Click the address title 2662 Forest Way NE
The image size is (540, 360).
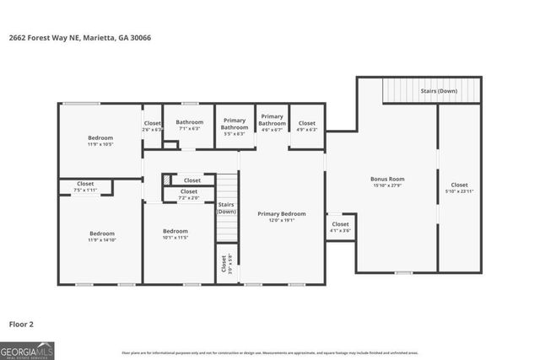(79, 37)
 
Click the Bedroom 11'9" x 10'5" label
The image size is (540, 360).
(100, 141)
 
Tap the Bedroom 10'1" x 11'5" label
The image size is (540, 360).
(175, 234)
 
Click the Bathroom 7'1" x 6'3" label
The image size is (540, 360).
(189, 126)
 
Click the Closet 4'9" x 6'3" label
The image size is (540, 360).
(307, 126)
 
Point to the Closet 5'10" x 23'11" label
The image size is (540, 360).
(459, 188)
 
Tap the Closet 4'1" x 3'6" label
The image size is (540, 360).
(340, 227)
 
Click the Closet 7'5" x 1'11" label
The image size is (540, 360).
(85, 187)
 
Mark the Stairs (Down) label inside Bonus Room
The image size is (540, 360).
(439, 90)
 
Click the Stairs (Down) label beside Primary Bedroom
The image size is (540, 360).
(226, 208)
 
